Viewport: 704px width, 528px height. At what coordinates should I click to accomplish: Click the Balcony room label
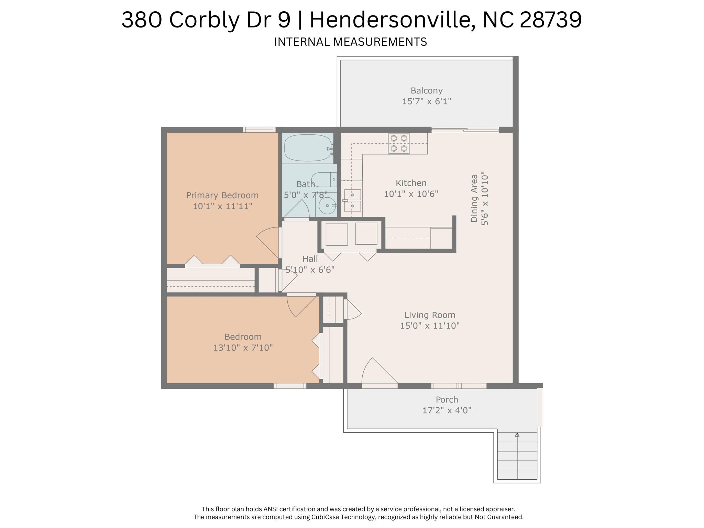click(426, 90)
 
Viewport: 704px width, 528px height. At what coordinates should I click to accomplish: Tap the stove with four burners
click(399, 143)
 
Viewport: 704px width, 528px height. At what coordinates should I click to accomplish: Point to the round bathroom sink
click(326, 206)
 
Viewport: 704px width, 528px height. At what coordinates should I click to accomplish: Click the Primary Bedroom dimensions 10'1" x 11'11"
click(222, 206)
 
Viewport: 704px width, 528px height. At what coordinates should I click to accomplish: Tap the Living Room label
click(430, 315)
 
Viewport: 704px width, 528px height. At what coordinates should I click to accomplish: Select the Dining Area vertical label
click(474, 198)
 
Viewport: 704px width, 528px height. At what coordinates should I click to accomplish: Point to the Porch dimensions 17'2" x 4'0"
click(447, 410)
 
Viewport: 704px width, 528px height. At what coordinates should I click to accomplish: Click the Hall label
click(310, 259)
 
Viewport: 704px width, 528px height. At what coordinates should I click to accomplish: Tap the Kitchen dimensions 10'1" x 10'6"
click(411, 194)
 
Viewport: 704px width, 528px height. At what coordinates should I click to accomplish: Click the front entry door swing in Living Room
click(378, 373)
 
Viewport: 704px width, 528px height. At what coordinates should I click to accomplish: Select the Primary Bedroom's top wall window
click(259, 130)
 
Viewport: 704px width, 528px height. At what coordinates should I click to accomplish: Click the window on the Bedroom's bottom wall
click(290, 386)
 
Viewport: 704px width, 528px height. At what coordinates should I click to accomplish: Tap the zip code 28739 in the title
click(551, 20)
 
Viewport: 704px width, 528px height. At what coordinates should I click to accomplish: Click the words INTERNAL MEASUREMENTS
click(350, 42)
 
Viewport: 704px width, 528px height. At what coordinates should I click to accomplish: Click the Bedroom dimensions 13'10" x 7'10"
click(243, 348)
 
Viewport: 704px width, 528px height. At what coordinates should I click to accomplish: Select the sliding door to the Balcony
click(465, 130)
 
